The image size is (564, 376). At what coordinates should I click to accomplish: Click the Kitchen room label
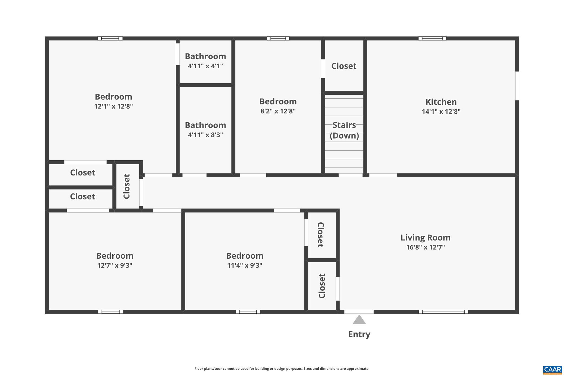coord(441,102)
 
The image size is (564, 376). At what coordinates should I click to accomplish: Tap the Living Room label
coord(425,237)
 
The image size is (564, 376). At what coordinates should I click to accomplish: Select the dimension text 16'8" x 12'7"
coord(425,247)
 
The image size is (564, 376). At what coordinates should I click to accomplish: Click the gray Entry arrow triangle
coord(359,320)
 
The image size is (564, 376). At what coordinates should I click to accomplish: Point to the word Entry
coord(359,334)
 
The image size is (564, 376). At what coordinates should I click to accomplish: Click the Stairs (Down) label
coord(344,130)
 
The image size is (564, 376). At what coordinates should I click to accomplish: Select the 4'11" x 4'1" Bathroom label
coord(205,56)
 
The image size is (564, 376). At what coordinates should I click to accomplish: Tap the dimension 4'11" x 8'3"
coord(205,135)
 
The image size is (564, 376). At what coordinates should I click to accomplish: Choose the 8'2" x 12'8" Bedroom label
coord(278,102)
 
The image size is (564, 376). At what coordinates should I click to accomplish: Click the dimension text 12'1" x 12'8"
coord(113,106)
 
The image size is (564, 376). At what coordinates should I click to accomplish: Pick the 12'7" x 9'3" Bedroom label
coord(115,256)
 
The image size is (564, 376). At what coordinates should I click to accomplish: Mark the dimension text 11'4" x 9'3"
coord(245,266)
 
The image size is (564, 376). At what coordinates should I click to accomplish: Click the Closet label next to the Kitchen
coord(344,66)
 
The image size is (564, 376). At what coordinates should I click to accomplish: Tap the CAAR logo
coord(552,370)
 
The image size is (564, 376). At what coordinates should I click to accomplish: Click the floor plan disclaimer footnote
coord(282,369)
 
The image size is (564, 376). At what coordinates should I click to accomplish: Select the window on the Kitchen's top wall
coord(432,39)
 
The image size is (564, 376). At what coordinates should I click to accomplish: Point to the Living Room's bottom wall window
coord(443,312)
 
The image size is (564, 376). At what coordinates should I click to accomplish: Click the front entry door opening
coord(359,312)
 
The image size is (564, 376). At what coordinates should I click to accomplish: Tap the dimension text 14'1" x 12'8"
coord(441,112)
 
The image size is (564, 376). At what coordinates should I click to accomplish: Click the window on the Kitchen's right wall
coord(517,86)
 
